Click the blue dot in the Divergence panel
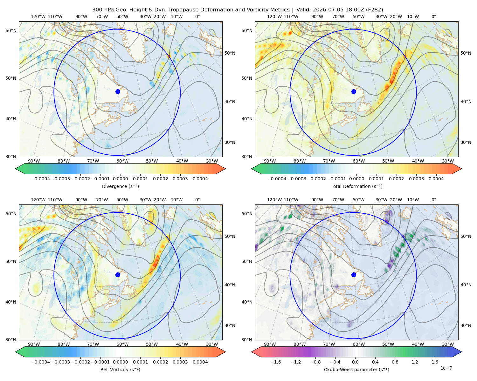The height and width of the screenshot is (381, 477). [x=118, y=91]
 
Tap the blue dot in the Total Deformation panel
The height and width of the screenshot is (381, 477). [x=354, y=91]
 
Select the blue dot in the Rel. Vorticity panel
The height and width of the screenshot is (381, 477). [x=118, y=275]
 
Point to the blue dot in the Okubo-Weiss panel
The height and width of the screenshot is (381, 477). [x=354, y=275]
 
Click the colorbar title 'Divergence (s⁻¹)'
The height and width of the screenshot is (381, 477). [x=120, y=186]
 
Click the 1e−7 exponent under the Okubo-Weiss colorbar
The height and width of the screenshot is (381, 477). [x=446, y=368]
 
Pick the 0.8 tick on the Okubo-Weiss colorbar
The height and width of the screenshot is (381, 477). [x=395, y=362]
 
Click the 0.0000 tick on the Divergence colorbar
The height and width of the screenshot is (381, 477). [x=120, y=179]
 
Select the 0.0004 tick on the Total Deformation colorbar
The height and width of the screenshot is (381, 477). [x=436, y=179]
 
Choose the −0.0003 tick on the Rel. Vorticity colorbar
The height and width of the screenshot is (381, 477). [x=60, y=362]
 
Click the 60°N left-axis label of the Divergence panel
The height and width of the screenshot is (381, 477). [x=11, y=30]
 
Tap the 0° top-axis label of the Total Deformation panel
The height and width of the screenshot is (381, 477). [x=433, y=17]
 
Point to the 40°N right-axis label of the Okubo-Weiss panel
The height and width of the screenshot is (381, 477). [x=466, y=285]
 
